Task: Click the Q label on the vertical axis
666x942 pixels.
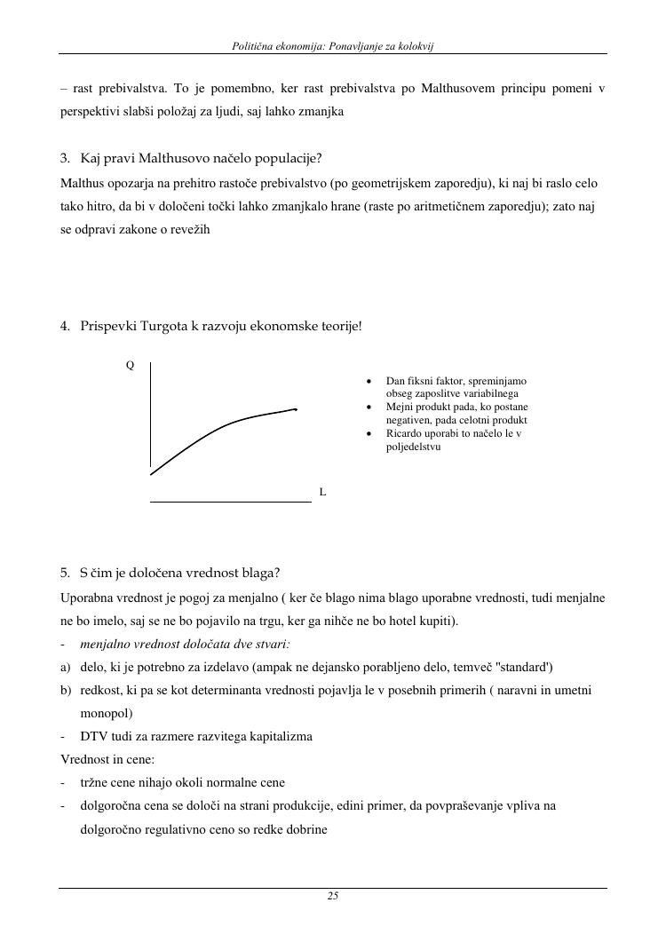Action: pyautogui.click(x=130, y=365)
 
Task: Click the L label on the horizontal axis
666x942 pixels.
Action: pyautogui.click(x=322, y=491)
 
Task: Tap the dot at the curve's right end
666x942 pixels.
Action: pyautogui.click(x=296, y=409)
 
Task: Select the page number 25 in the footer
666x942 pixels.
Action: pyautogui.click(x=333, y=896)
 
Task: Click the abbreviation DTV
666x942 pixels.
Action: pyautogui.click(x=93, y=736)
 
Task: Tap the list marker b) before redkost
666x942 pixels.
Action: pyautogui.click(x=66, y=690)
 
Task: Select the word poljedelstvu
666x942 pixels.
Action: pyautogui.click(x=413, y=447)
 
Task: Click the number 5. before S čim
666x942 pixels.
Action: pyautogui.click(x=65, y=573)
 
